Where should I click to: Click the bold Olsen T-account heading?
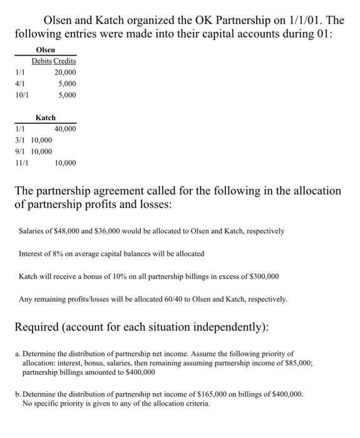coord(46,49)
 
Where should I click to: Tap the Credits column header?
coord(64,61)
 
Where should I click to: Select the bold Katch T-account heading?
coord(46,118)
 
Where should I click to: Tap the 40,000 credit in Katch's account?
coord(65,129)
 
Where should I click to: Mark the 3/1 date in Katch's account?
coord(21,140)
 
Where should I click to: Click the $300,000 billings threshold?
coord(262,276)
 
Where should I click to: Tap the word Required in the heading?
coord(42,327)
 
